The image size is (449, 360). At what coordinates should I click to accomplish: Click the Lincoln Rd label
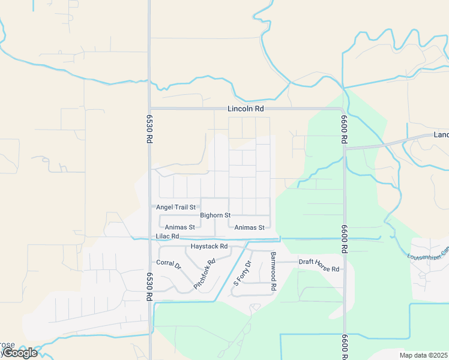point(246,109)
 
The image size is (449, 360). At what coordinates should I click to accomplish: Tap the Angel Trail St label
point(176,207)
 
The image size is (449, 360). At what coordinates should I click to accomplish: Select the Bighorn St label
point(215,215)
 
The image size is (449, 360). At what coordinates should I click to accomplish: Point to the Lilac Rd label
point(167,236)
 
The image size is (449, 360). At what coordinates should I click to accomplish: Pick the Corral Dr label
point(168,263)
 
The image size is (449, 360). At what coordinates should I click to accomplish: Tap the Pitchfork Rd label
point(204,275)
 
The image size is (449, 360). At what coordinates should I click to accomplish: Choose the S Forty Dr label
point(243,272)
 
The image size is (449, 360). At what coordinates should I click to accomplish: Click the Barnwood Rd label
point(273,271)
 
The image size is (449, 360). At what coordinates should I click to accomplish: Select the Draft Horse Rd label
point(319,262)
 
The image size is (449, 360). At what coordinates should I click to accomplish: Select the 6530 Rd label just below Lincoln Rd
point(149,128)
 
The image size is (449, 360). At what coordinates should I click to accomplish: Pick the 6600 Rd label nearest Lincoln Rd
point(344,128)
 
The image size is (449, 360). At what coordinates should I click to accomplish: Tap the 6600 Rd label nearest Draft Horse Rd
point(344,239)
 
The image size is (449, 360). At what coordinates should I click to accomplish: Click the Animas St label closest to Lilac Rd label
point(179,227)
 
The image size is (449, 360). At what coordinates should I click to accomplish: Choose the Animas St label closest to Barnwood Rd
point(250,227)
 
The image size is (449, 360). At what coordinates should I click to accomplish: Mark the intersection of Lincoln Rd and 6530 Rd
point(149,109)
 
